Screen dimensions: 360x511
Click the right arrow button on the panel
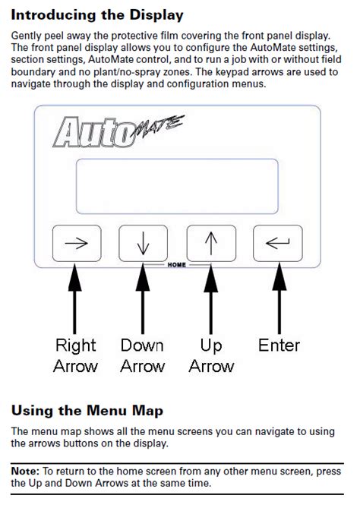pyautogui.click(x=77, y=243)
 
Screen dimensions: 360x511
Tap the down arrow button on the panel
pyautogui.click(x=143, y=243)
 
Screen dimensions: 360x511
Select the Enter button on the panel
pyautogui.click(x=278, y=243)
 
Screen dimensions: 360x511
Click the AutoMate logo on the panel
pyautogui.click(x=118, y=131)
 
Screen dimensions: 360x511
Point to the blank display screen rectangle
pyautogui.click(x=177, y=187)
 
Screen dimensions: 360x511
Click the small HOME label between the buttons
pyautogui.click(x=177, y=265)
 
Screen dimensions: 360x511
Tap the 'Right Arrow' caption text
pyautogui.click(x=76, y=355)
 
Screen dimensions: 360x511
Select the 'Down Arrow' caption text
pyautogui.click(x=143, y=355)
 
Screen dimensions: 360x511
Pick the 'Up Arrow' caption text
pyautogui.click(x=211, y=355)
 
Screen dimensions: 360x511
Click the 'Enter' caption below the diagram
pyautogui.click(x=279, y=345)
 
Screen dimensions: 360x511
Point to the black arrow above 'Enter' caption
pyautogui.click(x=279, y=298)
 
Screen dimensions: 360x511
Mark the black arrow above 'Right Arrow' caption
pyautogui.click(x=75, y=298)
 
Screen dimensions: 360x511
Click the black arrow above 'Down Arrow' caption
pyautogui.click(x=143, y=298)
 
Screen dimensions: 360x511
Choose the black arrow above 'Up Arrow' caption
pyautogui.click(x=211, y=298)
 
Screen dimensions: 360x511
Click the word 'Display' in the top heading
pyautogui.click(x=156, y=16)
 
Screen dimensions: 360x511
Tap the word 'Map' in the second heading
pyautogui.click(x=147, y=411)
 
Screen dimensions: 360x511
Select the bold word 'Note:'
pyautogui.click(x=25, y=472)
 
